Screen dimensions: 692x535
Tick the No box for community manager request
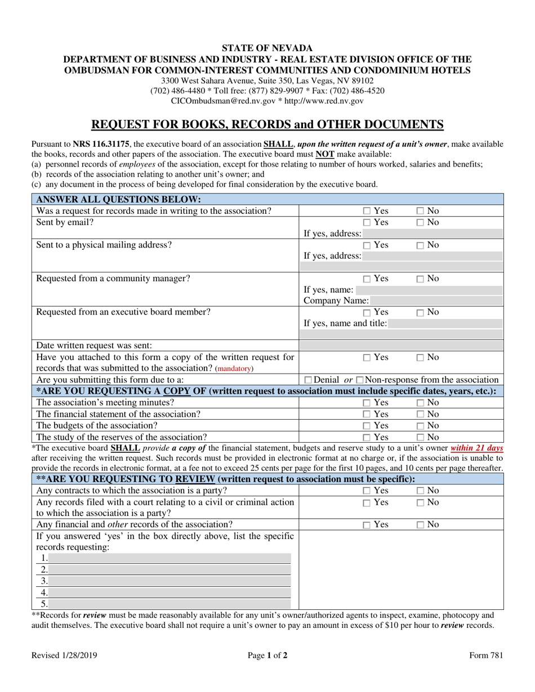pyautogui.click(x=421, y=279)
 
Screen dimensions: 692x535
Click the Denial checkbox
pyautogui.click(x=307, y=381)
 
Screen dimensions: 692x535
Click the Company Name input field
pyautogui.click(x=436, y=301)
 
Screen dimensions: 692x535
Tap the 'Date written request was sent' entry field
pyautogui.click(x=400, y=345)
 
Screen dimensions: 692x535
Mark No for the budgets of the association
pyautogui.click(x=421, y=426)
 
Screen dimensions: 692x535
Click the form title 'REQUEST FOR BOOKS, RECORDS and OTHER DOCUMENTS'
pyautogui.click(x=267, y=124)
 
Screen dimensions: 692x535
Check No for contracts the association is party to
pyautogui.click(x=421, y=491)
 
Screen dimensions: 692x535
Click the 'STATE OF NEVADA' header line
pyautogui.click(x=267, y=48)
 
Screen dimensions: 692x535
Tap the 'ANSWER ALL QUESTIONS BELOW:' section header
pyautogui.click(x=118, y=199)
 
